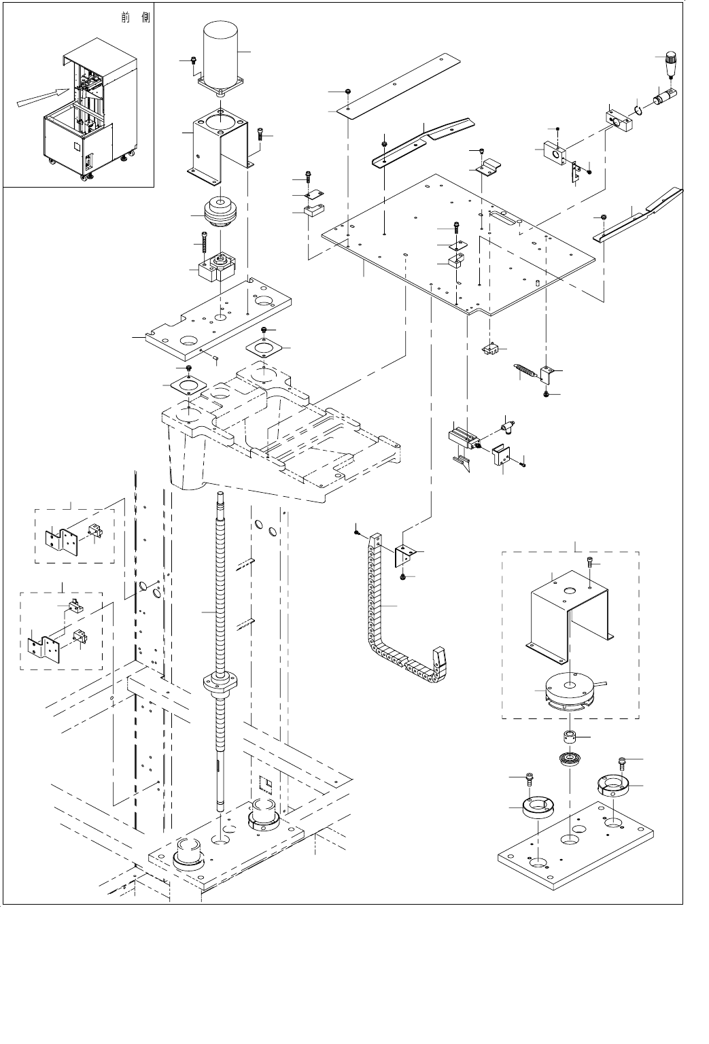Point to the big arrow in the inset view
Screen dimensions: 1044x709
[x=41, y=97]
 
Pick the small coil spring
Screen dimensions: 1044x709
[x=523, y=372]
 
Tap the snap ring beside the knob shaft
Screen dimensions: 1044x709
[x=638, y=107]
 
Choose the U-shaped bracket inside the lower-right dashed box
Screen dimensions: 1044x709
[x=568, y=612]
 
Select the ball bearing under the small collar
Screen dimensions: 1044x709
[x=568, y=759]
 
